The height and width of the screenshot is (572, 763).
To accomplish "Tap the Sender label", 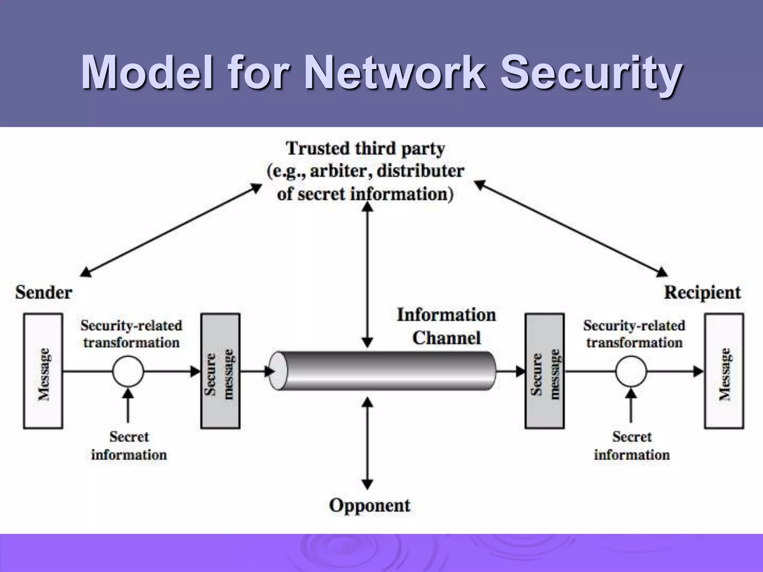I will click(x=44, y=292).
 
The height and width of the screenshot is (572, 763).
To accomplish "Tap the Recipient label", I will click(x=702, y=292).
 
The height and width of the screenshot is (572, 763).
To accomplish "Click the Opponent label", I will click(x=370, y=505).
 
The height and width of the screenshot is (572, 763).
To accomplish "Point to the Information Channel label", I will click(x=446, y=326).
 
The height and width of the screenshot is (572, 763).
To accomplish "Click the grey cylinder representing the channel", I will click(x=384, y=371).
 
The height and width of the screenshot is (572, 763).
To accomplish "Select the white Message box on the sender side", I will click(x=43, y=371).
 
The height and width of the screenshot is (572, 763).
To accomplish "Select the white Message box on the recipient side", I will click(x=724, y=371).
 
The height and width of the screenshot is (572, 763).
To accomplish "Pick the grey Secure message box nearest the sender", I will click(x=220, y=371).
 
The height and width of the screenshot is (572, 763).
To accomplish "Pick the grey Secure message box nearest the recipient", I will click(x=545, y=371).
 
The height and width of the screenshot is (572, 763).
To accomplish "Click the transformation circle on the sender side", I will click(x=128, y=371).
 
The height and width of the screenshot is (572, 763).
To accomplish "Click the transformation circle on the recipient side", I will click(x=631, y=371).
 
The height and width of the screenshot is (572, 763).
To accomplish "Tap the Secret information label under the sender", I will click(x=129, y=446).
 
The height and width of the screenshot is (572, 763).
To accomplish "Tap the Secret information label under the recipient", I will click(x=631, y=446).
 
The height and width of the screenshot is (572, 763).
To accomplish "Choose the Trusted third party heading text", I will click(x=365, y=149).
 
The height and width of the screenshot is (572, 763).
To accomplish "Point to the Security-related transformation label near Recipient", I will click(x=634, y=334).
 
